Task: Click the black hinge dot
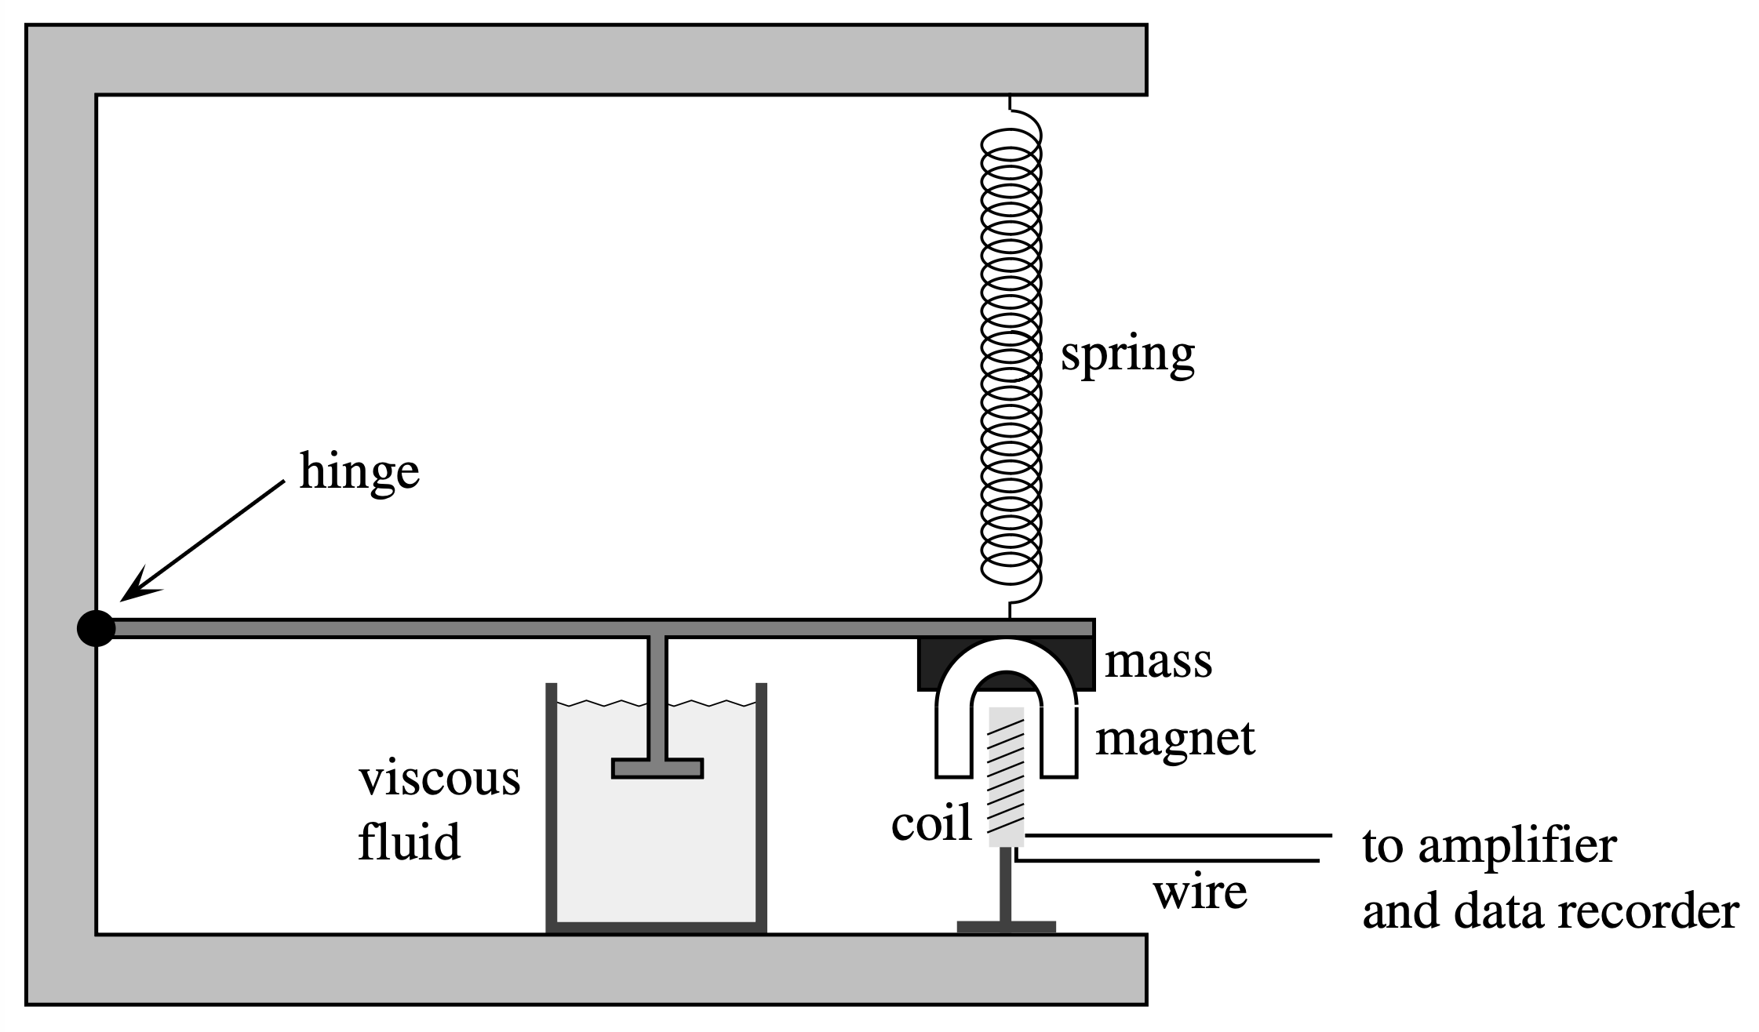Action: tap(96, 628)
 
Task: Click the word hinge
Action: tap(359, 473)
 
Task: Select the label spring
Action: tap(1127, 355)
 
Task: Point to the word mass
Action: tap(1157, 661)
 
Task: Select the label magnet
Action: tap(1174, 738)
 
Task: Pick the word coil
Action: tap(931, 823)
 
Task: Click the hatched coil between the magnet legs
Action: tap(1006, 776)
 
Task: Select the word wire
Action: tap(1200, 892)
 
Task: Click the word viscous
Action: tap(439, 779)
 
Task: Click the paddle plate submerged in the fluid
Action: tap(657, 768)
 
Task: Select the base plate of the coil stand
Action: tap(1006, 927)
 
